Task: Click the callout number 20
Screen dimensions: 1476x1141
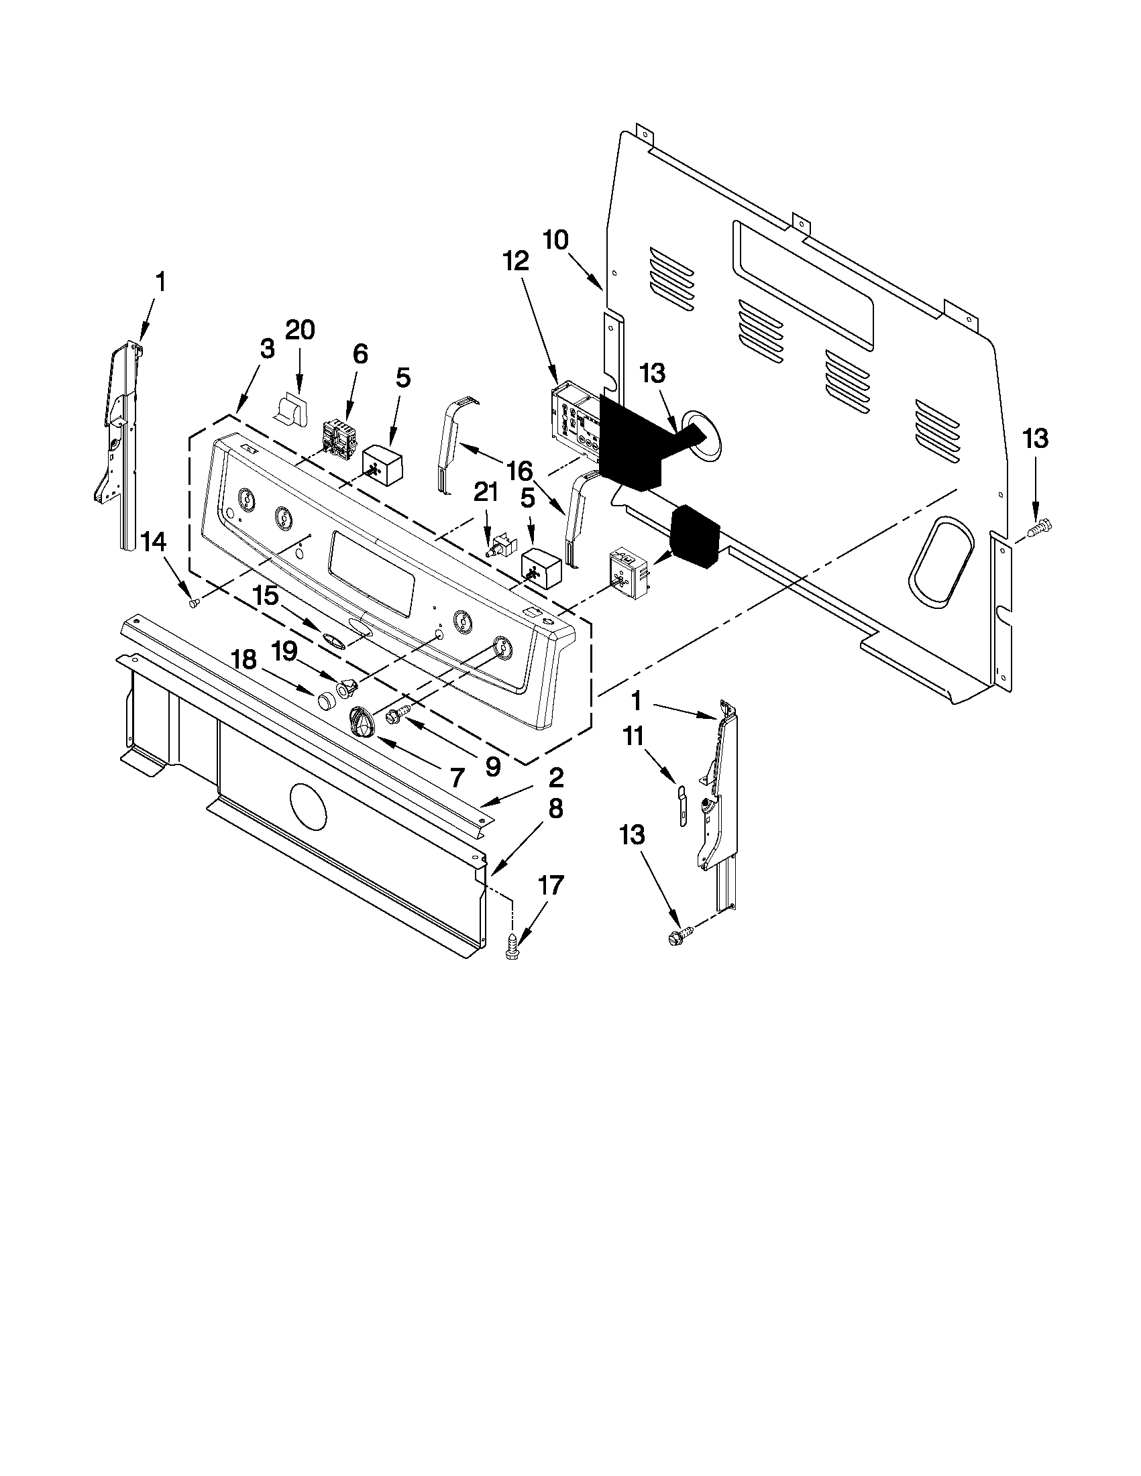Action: [x=300, y=331]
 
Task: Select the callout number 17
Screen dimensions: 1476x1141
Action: [x=551, y=885]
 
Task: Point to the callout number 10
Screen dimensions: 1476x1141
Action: [x=555, y=240]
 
